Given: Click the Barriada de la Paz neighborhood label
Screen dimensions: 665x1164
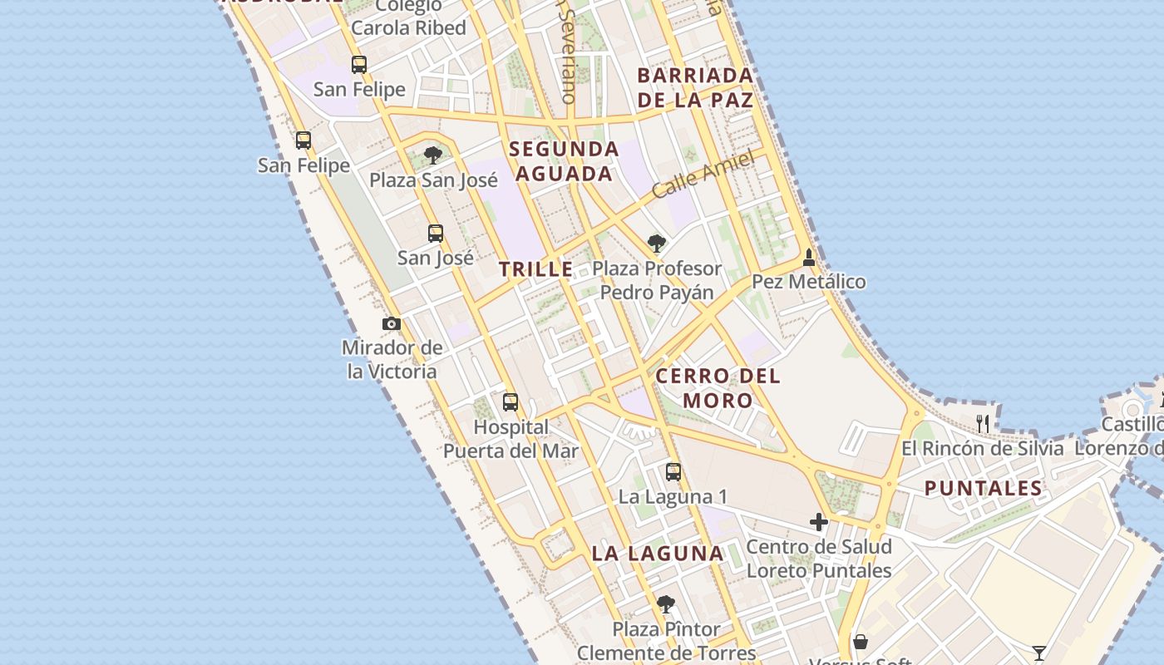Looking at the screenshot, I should tap(695, 87).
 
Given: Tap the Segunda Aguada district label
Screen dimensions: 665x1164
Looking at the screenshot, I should tap(565, 161).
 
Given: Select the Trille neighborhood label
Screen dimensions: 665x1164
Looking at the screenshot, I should tap(536, 268).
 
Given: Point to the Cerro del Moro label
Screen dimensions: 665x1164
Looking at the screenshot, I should tap(718, 388).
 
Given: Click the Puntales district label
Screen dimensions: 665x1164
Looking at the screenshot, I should tap(984, 488).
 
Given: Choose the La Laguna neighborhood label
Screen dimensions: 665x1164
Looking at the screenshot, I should tap(658, 553).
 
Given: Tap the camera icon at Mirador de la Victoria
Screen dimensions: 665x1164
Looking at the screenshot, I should tap(392, 323).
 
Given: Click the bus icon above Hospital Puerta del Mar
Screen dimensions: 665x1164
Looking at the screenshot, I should tap(510, 402).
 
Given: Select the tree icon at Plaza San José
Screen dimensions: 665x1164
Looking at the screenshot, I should tap(432, 155).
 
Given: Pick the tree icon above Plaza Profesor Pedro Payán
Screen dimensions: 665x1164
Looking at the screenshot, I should tap(657, 244).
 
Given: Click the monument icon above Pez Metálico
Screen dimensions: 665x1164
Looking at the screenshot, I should tap(809, 258).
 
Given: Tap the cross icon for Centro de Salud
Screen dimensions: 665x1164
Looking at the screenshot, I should tap(819, 522).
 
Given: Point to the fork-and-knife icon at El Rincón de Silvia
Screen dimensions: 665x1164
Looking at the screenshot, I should tap(983, 423).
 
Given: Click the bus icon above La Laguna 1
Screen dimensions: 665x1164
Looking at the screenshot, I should tap(673, 472).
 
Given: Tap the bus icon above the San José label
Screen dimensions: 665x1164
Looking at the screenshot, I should tap(436, 234).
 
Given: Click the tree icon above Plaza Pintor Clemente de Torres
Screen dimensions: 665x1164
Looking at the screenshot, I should tap(665, 604).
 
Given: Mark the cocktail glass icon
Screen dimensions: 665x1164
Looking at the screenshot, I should tap(1038, 653).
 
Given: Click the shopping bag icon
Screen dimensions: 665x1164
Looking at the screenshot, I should tap(861, 642).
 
